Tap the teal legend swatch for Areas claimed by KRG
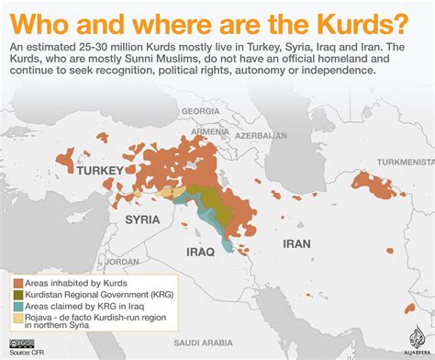tap(18, 308)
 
